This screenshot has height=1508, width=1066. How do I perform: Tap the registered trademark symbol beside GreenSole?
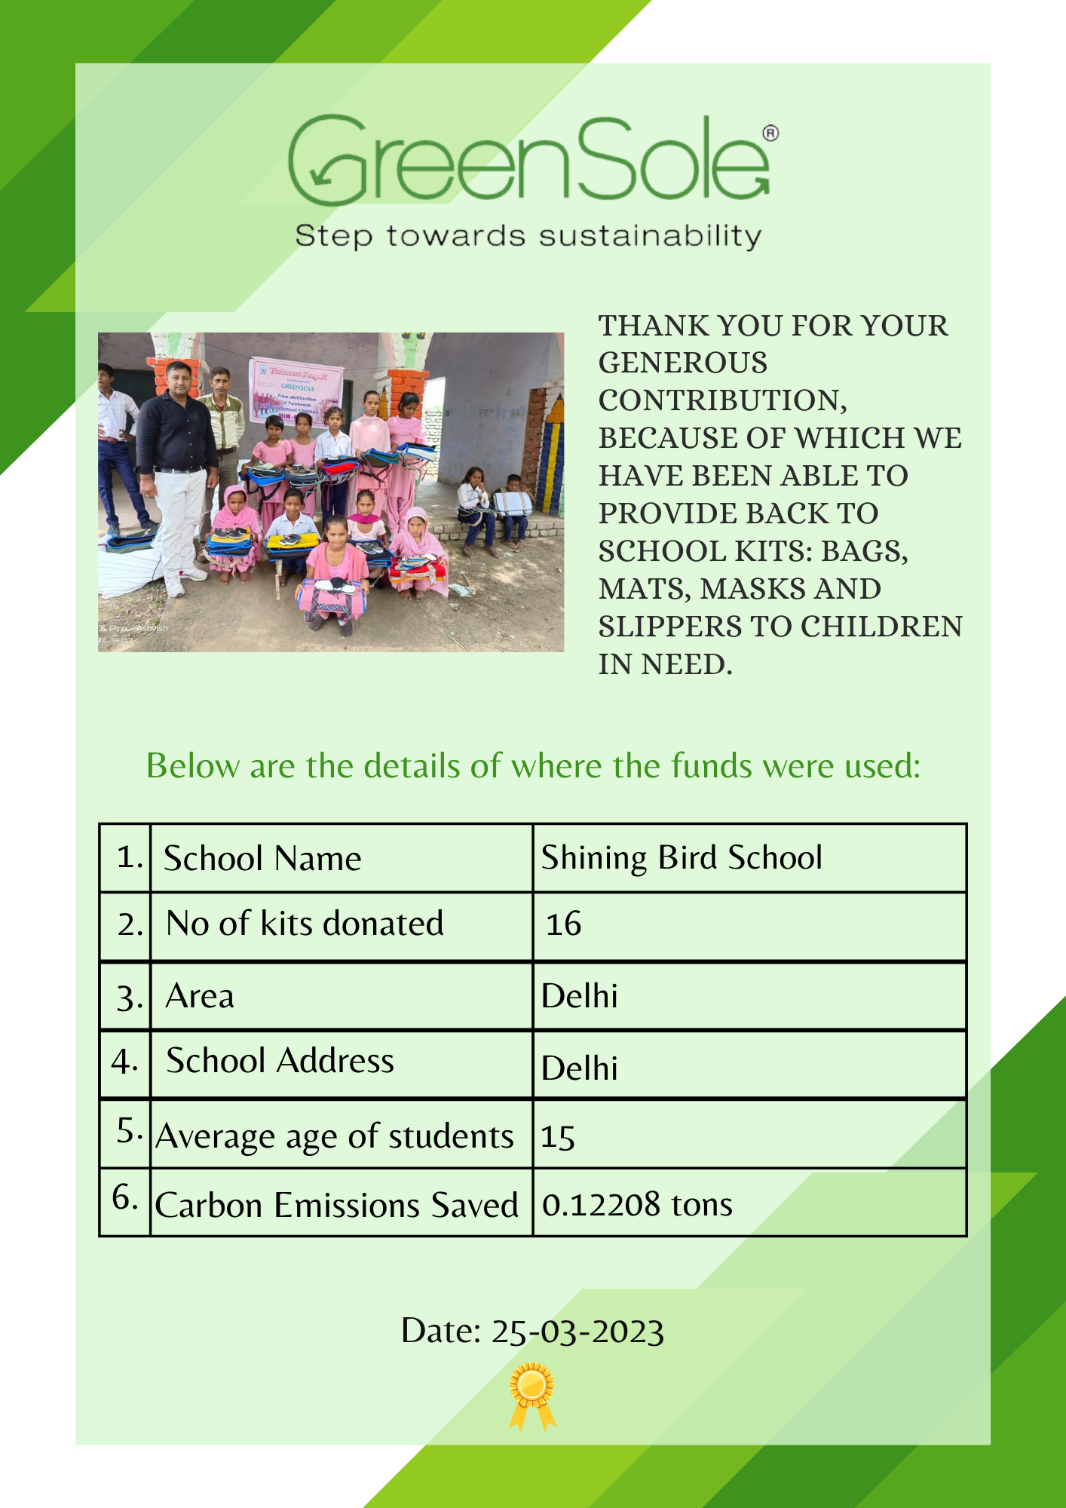[x=770, y=133]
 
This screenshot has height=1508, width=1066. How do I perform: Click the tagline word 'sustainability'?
[x=650, y=236]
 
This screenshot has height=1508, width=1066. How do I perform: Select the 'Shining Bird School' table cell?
[x=682, y=858]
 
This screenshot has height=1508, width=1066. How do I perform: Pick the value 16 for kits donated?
[x=564, y=924]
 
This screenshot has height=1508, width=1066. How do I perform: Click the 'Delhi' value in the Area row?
[x=580, y=996]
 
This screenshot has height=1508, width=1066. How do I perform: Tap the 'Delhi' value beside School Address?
[x=580, y=1068]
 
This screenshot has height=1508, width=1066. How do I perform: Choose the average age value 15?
[x=558, y=1137]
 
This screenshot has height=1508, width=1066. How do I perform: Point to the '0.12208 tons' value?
[x=637, y=1205]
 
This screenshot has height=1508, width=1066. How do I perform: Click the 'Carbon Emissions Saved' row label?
[x=336, y=1205]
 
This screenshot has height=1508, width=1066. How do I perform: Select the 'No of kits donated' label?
[x=305, y=924]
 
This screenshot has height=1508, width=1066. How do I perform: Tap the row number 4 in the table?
[x=124, y=1062]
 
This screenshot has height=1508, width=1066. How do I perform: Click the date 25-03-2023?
[x=577, y=1332]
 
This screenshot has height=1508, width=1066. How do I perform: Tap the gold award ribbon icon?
[x=532, y=1395]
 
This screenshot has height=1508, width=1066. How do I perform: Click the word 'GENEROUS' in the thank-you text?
[x=683, y=363]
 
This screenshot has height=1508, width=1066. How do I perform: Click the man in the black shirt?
[x=177, y=460]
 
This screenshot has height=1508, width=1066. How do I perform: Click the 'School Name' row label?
[x=262, y=859]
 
